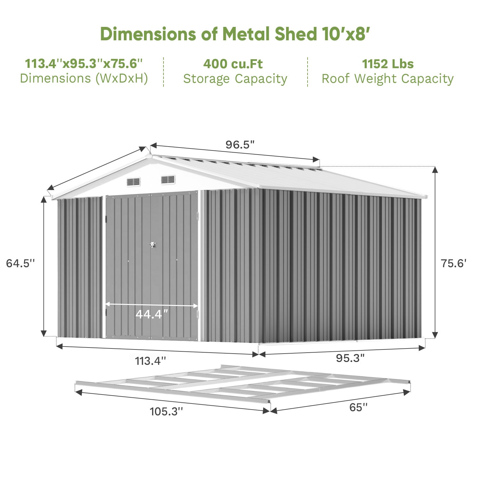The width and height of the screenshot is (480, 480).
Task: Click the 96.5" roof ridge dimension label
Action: [x=240, y=145]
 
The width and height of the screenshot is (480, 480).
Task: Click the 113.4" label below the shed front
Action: [x=150, y=361]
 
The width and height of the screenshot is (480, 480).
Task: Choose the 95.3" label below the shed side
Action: [x=350, y=358]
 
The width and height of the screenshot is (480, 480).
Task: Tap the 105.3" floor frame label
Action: [x=166, y=411]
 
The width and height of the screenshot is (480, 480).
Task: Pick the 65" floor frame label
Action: [x=358, y=407]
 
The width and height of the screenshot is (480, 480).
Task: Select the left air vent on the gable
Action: [x=133, y=182]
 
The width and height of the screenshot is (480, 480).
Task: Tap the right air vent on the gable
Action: [x=168, y=180]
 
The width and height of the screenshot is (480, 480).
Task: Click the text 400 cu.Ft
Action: [x=233, y=64]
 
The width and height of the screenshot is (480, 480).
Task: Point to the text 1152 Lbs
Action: [x=388, y=64]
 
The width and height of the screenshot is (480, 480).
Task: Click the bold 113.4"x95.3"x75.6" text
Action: [x=84, y=64]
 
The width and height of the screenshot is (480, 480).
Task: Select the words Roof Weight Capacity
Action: [x=388, y=79]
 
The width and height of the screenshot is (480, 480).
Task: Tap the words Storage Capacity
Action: [x=235, y=79]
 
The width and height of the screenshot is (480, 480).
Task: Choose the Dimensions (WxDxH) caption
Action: [x=84, y=78]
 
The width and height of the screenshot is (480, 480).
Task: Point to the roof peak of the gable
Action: [x=150, y=156]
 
